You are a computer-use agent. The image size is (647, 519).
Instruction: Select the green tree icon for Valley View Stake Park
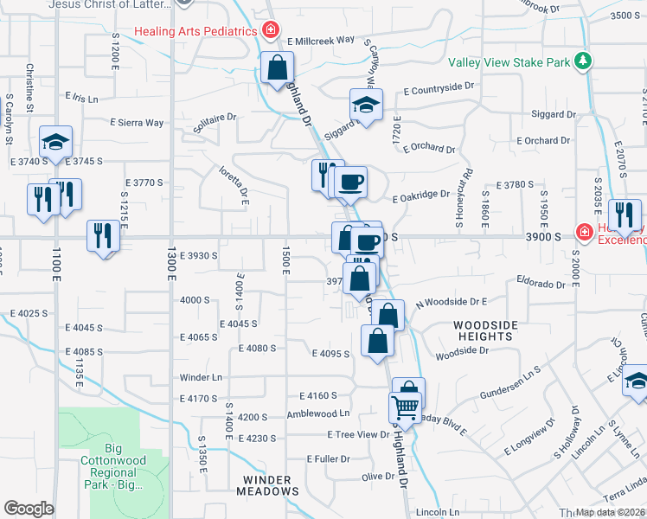click(585, 61)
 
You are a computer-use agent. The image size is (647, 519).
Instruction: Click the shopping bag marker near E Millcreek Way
click(278, 67)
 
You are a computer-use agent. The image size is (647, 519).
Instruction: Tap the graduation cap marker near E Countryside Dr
click(366, 105)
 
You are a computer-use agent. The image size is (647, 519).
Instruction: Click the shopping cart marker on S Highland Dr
click(406, 406)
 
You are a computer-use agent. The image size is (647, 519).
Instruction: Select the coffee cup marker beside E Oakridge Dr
click(350, 182)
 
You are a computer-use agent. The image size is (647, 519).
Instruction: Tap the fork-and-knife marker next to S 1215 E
click(103, 235)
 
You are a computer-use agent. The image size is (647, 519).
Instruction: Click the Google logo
click(29, 509)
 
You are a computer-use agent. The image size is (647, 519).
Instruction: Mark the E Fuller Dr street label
click(328, 458)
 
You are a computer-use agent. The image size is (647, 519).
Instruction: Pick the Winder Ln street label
click(201, 377)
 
